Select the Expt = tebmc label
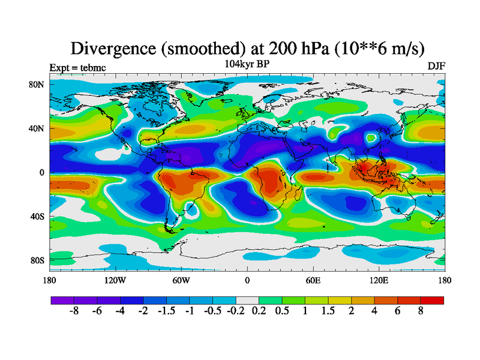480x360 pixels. (x=77, y=67)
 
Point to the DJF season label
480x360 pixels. (x=436, y=66)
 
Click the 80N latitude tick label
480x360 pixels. (x=37, y=84)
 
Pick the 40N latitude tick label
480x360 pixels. (x=37, y=128)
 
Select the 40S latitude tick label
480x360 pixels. (x=37, y=216)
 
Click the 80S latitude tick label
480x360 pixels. (x=37, y=260)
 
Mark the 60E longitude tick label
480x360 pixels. (x=313, y=280)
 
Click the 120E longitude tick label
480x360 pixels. (x=379, y=280)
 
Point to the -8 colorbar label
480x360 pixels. (x=74, y=312)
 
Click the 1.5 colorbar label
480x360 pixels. (x=328, y=312)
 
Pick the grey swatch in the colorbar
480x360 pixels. (x=247, y=300)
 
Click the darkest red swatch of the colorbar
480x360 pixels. (x=433, y=300)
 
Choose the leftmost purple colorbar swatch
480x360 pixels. (x=62, y=300)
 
